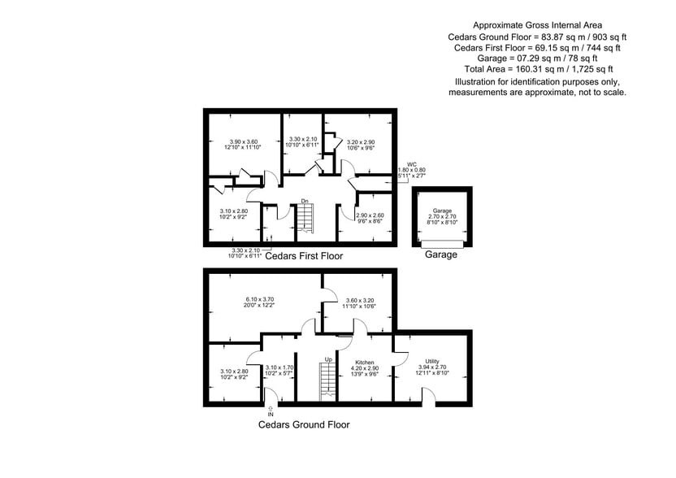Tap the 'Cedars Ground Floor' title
click(x=305, y=424)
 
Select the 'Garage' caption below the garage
click(x=441, y=254)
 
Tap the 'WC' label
click(x=412, y=164)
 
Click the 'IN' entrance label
click(x=271, y=414)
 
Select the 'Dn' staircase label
click(x=304, y=201)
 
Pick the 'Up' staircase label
click(x=328, y=358)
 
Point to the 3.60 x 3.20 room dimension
click(x=358, y=300)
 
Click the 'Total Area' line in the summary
click(x=537, y=71)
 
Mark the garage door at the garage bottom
click(x=441, y=243)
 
